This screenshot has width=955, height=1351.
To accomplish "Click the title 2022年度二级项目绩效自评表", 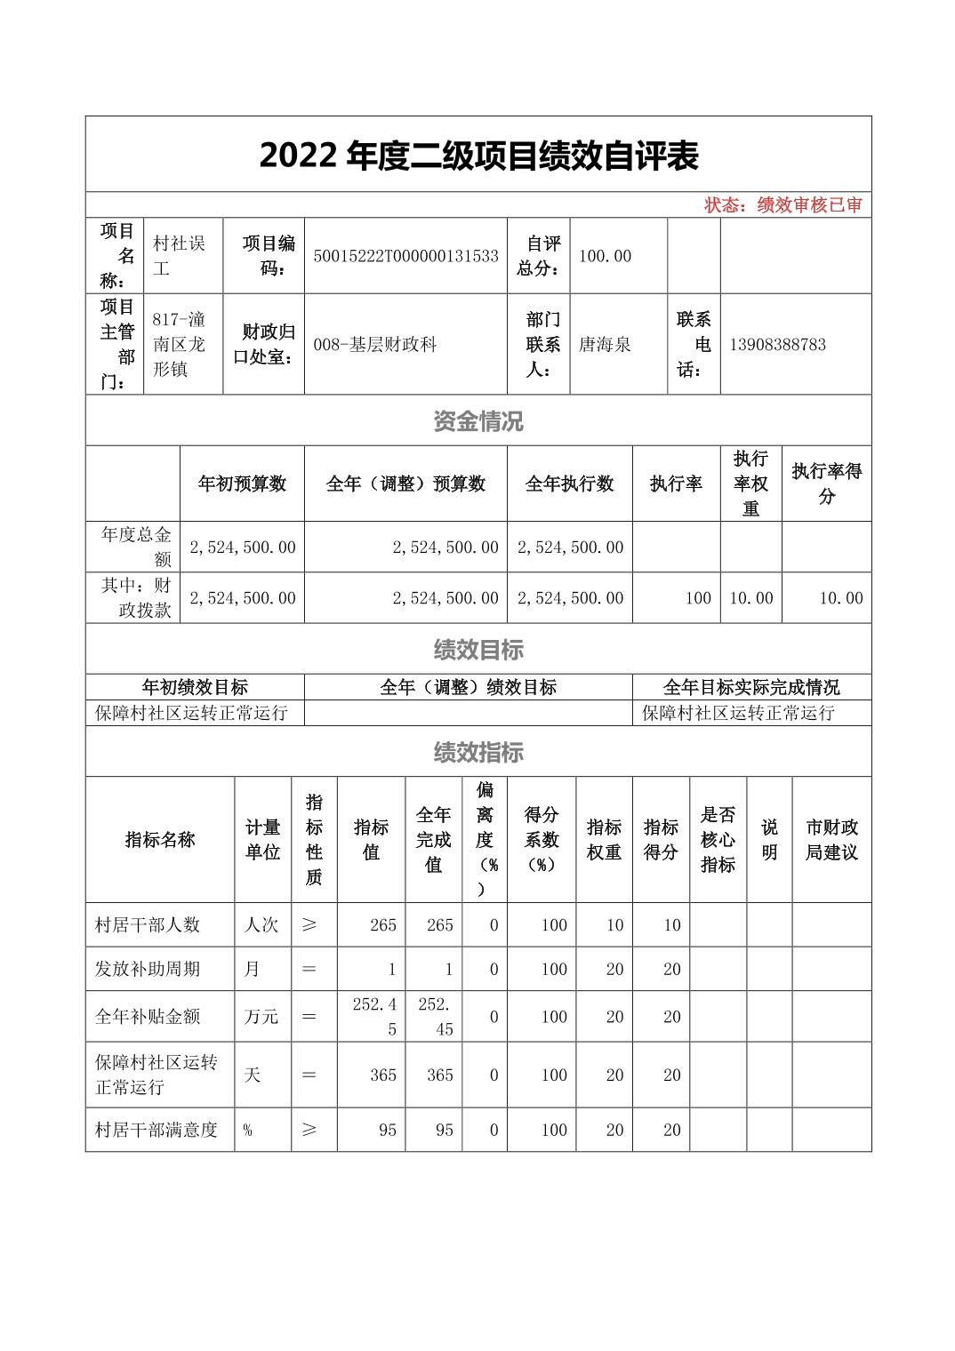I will [x=478, y=156].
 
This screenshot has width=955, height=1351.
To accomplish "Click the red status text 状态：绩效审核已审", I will [x=782, y=205].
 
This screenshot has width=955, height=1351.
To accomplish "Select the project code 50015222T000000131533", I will [x=405, y=256].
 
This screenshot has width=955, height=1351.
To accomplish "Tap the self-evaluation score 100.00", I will [x=605, y=256].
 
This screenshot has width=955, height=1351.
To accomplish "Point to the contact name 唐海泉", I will [x=605, y=344].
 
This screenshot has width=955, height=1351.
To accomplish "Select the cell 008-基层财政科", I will [x=374, y=344].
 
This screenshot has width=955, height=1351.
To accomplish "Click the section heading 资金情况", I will [x=478, y=420].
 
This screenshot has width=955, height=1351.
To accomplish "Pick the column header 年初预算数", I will [x=242, y=484].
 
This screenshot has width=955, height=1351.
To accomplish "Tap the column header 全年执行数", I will [x=569, y=484].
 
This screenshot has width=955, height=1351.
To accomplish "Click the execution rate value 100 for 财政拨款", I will [x=698, y=598].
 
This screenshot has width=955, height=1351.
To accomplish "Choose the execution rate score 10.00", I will [x=840, y=598].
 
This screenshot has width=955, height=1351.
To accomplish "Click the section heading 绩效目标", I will [x=478, y=650].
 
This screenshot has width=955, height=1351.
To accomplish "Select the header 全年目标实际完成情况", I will [x=751, y=687].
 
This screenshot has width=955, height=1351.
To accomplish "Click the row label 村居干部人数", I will [x=148, y=924].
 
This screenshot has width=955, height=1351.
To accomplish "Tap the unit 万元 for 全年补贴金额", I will [x=261, y=1016].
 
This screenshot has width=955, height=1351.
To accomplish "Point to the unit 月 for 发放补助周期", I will [x=252, y=969].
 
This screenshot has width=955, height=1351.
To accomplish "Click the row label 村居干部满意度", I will [x=156, y=1130].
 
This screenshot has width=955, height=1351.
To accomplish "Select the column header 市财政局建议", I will [x=831, y=840].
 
